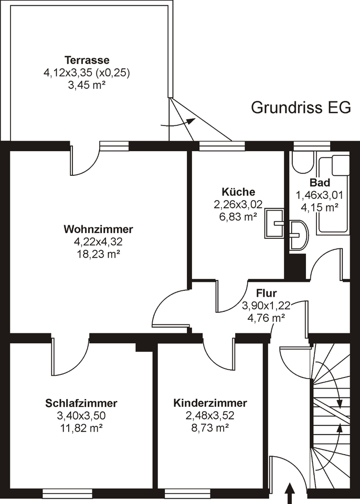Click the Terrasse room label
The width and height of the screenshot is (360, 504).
point(87,59)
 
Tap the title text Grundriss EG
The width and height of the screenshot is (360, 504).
point(301,107)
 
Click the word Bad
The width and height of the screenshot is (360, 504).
point(320,183)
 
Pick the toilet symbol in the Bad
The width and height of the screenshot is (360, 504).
point(302,162)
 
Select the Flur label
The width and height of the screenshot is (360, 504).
point(266,293)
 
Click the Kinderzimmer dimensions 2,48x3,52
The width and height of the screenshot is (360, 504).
point(210,415)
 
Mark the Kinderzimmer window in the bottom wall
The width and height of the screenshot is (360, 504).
point(186,493)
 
